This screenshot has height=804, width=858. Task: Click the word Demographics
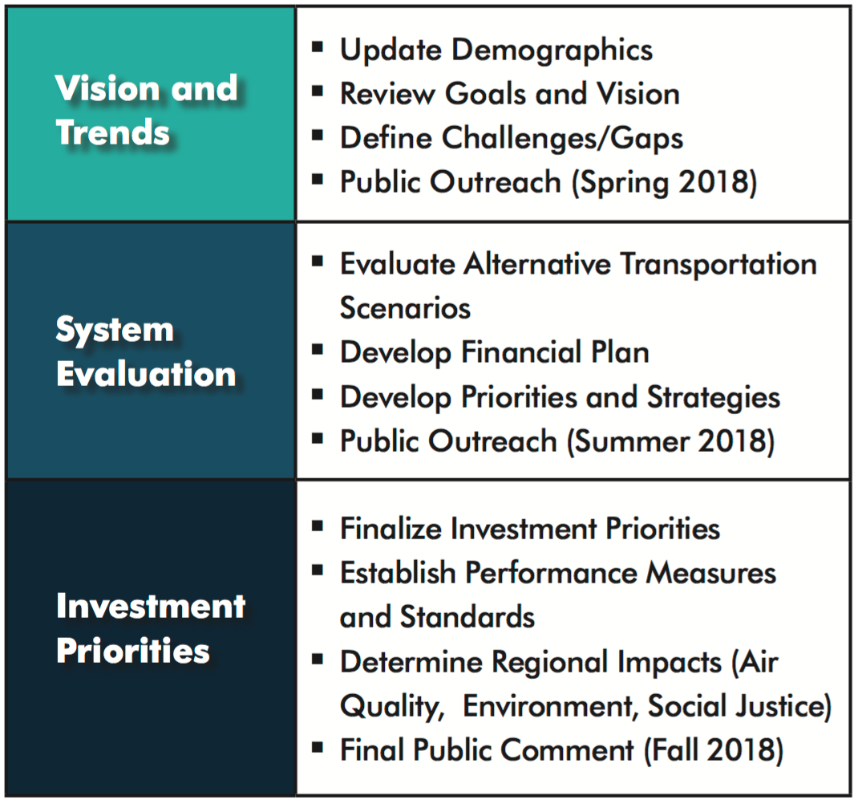click(x=552, y=51)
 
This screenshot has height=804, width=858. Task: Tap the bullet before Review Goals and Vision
click(x=318, y=91)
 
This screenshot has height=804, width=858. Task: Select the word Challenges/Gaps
click(x=563, y=138)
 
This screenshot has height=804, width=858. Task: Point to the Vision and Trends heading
click(x=147, y=110)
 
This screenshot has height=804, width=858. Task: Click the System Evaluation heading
click(x=146, y=351)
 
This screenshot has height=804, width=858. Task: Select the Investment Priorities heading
click(x=151, y=628)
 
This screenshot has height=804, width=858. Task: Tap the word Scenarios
click(x=406, y=308)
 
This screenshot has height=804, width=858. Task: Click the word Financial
click(x=521, y=351)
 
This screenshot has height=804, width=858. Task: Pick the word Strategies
click(x=714, y=398)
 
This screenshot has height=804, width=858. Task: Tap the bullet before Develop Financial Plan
click(x=318, y=349)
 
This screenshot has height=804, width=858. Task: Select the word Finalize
click(x=391, y=529)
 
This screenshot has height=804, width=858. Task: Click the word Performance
click(x=551, y=574)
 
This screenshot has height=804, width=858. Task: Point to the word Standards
click(x=467, y=617)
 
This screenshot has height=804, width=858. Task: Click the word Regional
click(x=607, y=663)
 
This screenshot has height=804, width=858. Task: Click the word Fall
click(x=675, y=749)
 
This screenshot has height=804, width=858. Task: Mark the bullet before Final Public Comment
click(x=318, y=747)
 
